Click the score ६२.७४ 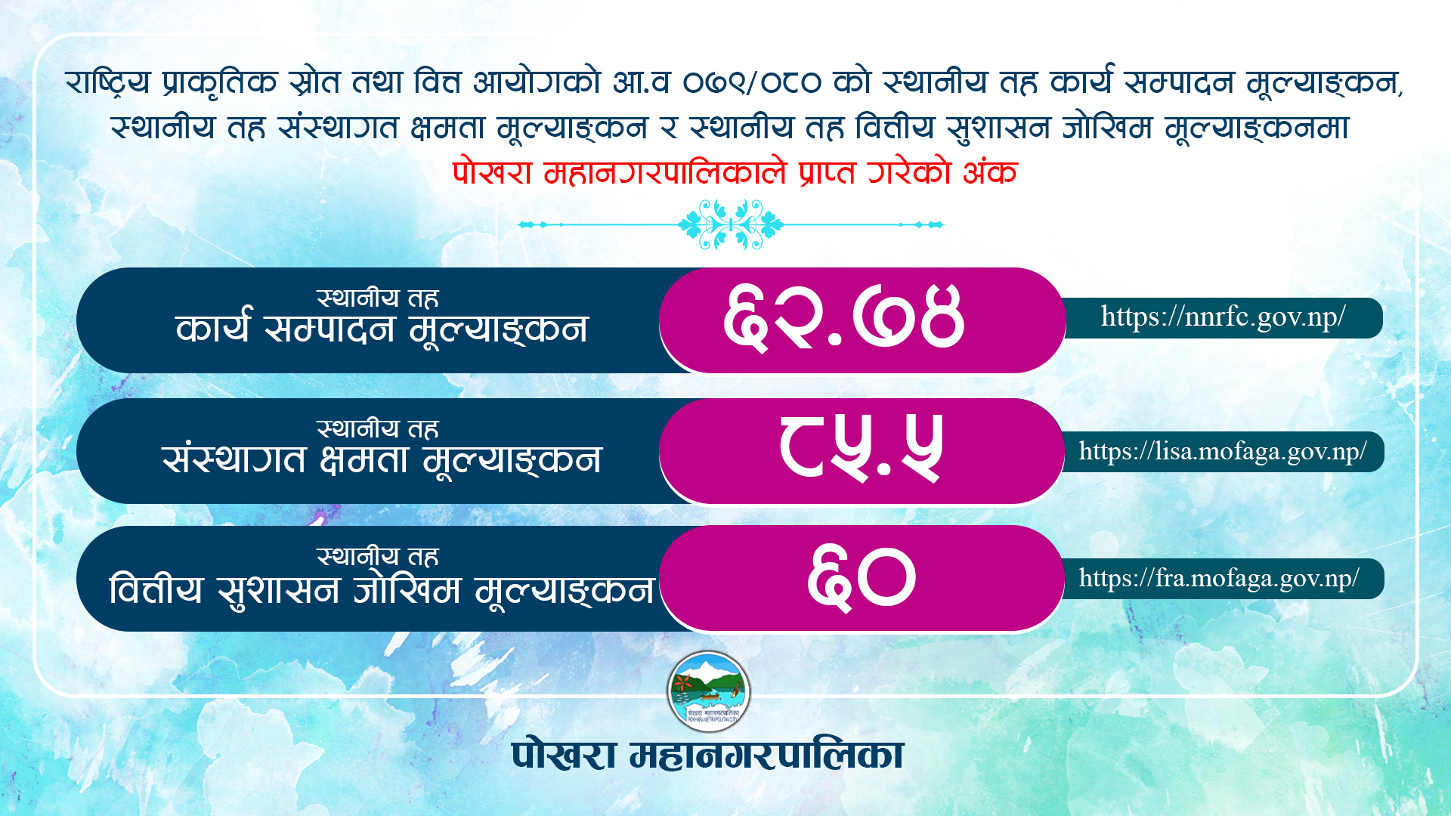tap(843, 318)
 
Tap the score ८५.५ tap(862, 449)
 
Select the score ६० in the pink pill tap(862, 578)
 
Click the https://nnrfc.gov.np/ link tap(1223, 317)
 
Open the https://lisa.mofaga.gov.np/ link tap(1223, 452)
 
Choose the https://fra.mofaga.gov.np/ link tap(1219, 579)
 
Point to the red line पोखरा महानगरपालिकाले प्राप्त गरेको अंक tap(735, 173)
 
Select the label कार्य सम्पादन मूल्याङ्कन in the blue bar tap(382, 329)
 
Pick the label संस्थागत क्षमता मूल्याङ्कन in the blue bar tap(382, 459)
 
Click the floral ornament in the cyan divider tap(731, 224)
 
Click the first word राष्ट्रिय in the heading tap(108, 82)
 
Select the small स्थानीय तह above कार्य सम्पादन tap(377, 298)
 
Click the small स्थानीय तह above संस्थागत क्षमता tap(377, 428)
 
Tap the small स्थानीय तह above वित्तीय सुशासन tap(377, 556)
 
